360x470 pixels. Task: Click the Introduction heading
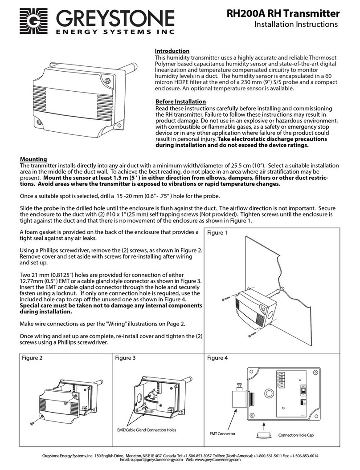point(172,51)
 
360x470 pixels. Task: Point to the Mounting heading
point(34,159)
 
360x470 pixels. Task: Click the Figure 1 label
point(217,233)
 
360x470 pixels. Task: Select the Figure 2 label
point(33,357)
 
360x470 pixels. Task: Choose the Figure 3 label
point(125,357)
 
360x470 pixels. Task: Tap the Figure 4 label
point(217,357)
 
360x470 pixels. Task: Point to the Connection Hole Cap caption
point(296,435)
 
